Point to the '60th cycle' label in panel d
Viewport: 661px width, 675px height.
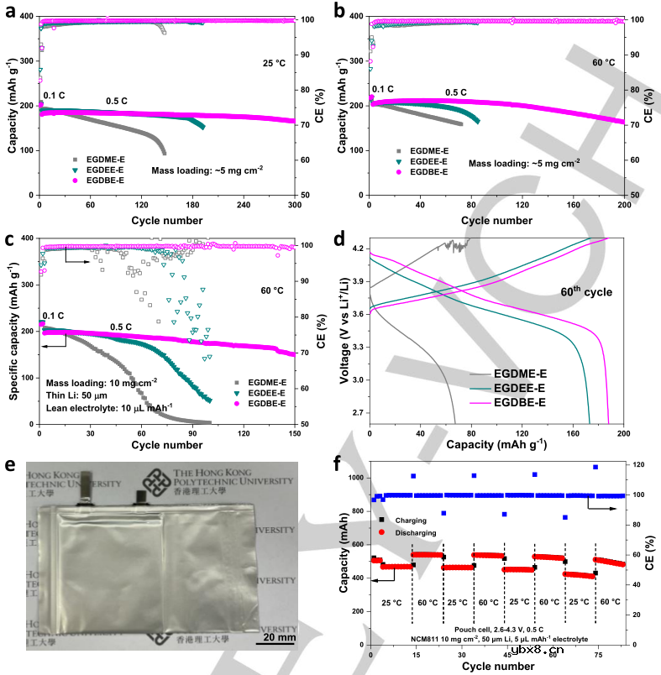[x=585, y=292]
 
